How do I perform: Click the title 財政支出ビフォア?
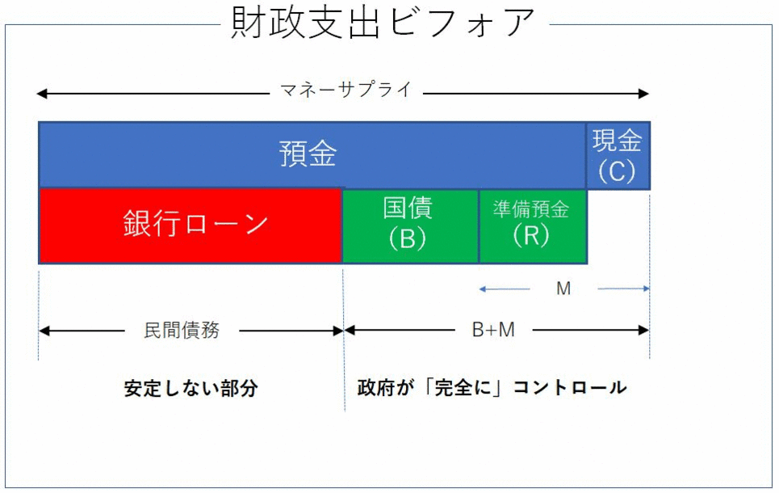point(383,23)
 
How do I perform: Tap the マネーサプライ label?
point(346,90)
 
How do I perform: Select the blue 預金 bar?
point(312,154)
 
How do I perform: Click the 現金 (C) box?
point(618,156)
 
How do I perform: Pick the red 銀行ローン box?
point(191,225)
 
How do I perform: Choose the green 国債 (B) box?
point(410,225)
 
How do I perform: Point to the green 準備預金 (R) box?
point(533,225)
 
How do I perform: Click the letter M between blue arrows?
point(563,289)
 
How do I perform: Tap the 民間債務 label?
point(182,331)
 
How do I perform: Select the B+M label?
point(493,330)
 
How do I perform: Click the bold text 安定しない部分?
point(191,389)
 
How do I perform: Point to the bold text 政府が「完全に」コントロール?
point(492,388)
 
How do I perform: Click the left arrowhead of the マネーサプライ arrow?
point(42,94)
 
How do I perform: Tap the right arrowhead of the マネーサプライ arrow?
point(644,94)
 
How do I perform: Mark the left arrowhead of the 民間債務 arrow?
point(44,331)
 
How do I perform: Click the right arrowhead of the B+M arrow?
point(644,330)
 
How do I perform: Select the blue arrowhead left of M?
point(482,289)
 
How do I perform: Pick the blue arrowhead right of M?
point(647,289)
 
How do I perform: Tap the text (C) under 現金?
point(617,171)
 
